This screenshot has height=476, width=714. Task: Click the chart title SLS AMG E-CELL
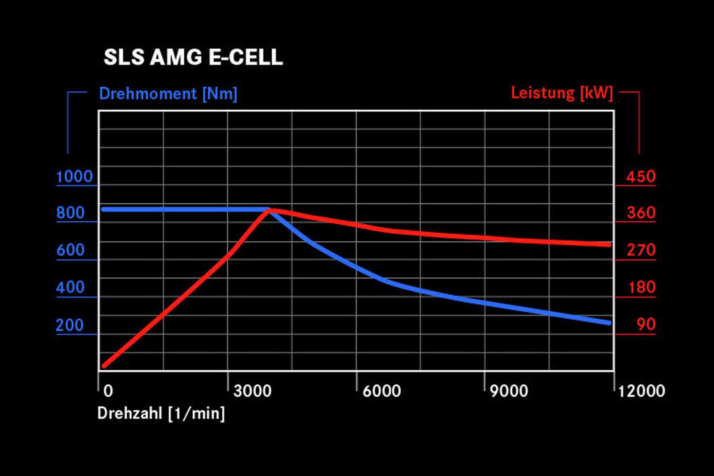click(x=193, y=57)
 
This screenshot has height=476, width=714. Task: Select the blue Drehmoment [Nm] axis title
click(x=168, y=94)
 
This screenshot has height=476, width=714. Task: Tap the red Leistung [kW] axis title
click(x=562, y=93)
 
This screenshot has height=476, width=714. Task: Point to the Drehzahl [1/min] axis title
click(x=161, y=413)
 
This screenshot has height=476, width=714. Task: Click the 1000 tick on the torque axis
click(x=75, y=177)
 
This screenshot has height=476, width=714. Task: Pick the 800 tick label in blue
click(x=71, y=213)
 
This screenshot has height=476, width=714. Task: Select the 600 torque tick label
click(x=71, y=250)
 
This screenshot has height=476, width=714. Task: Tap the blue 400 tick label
click(x=71, y=287)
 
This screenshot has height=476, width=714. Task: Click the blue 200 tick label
click(x=70, y=325)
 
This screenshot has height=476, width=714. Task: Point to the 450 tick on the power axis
click(x=641, y=177)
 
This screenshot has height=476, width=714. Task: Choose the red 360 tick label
click(x=641, y=213)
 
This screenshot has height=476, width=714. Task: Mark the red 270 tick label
click(x=641, y=250)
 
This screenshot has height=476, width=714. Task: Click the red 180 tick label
click(x=642, y=287)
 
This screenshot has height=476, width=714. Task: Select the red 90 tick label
click(x=646, y=325)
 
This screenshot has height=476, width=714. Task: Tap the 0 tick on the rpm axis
click(x=108, y=391)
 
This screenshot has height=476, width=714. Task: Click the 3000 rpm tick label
click(x=252, y=391)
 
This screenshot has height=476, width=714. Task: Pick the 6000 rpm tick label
click(x=382, y=391)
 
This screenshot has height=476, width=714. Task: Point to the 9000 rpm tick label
click(x=509, y=391)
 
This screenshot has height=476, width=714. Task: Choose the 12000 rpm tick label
click(x=641, y=391)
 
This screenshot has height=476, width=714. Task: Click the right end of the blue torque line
click(x=609, y=322)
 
